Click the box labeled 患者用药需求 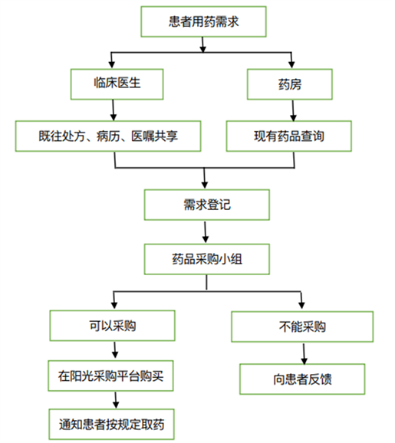[x=203, y=21]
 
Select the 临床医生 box [x=117, y=84]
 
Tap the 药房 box [x=290, y=84]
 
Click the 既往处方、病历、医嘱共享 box [x=108, y=136]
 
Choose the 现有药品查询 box [x=289, y=136]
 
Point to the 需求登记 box [x=207, y=205]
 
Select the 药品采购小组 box [x=207, y=259]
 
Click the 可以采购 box [x=113, y=326]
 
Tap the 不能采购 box [x=302, y=327]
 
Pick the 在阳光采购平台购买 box [x=111, y=376]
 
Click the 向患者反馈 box [x=302, y=379]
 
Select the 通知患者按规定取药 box [x=112, y=425]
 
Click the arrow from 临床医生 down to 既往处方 [x=114, y=110]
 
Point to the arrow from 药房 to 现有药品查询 [x=293, y=110]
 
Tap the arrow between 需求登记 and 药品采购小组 [x=206, y=232]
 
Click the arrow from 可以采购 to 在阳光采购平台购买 [x=115, y=350]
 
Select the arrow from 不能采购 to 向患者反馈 [x=304, y=354]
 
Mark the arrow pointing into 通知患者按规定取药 [x=116, y=400]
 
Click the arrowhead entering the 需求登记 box [x=205, y=185]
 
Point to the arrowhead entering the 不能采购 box [x=301, y=305]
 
